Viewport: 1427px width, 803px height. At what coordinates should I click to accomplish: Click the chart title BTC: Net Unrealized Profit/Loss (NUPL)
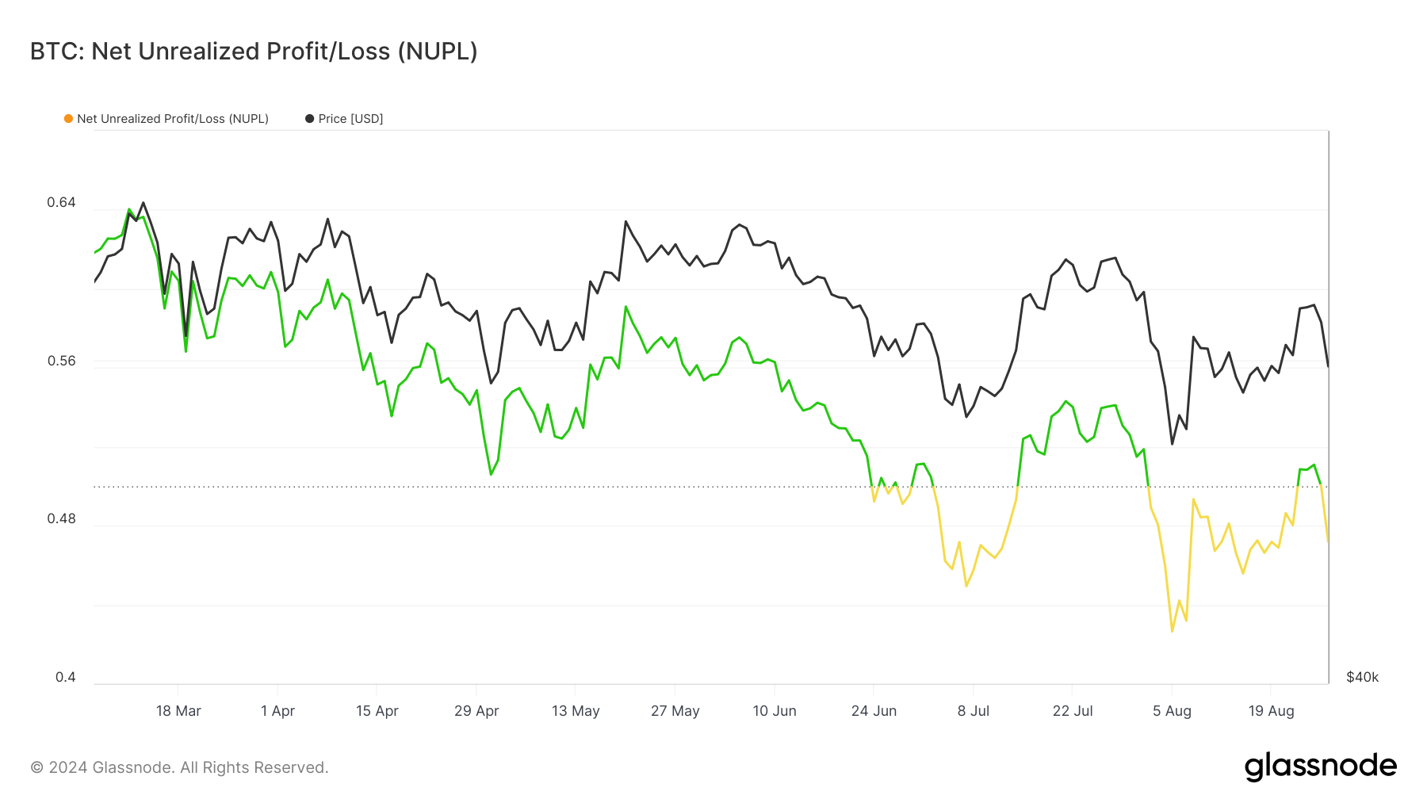254,52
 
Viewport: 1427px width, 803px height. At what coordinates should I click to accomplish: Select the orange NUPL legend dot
69,119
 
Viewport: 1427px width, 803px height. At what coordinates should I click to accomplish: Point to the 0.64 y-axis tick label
61,202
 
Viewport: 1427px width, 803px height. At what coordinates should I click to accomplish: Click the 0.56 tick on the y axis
61,361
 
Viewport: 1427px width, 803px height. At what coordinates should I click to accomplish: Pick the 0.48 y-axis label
61,518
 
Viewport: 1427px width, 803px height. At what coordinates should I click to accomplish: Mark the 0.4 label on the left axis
65,677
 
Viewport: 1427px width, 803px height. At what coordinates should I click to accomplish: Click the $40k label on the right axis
1362,677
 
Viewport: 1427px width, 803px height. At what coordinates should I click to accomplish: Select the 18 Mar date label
178,711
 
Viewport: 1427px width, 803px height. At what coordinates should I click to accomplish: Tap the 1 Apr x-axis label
277,711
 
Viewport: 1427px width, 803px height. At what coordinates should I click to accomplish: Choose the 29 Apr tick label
476,711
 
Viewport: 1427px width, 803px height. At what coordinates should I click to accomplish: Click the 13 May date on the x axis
576,711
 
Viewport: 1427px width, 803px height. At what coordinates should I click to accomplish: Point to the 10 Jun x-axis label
775,711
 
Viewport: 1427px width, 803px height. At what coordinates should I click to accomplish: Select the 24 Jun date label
874,711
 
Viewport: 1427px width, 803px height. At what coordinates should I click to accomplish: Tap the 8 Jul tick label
974,711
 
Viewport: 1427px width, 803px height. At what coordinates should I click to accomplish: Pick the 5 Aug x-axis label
1172,711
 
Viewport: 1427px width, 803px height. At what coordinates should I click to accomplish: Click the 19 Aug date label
1271,711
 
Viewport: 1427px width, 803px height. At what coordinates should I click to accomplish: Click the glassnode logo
1320,767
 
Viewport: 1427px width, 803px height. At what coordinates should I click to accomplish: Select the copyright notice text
179,767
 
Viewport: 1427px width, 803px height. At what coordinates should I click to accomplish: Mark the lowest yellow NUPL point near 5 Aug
1172,631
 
